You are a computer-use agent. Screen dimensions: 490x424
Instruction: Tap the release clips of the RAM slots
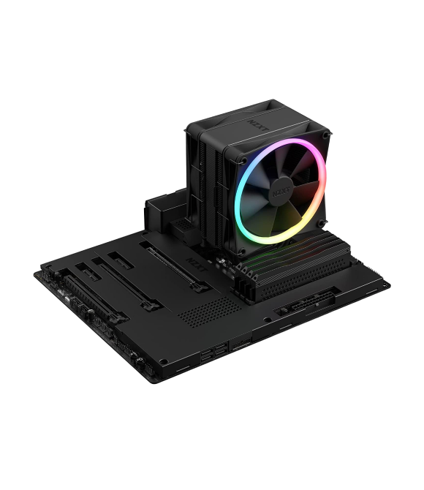click(x=248, y=275)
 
